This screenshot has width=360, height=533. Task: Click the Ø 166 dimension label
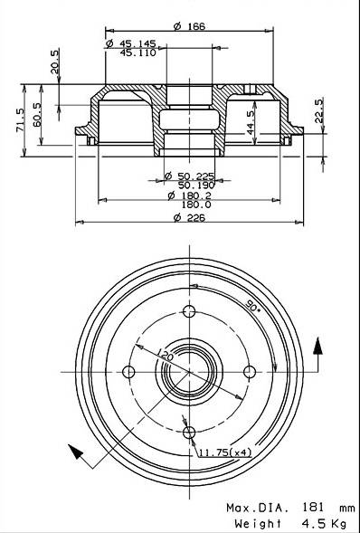[190, 26]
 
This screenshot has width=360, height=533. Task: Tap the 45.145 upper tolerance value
[137, 43]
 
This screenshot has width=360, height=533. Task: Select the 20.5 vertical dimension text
[55, 62]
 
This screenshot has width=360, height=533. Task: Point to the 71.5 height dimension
[21, 120]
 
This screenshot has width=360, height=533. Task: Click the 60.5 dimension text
[37, 115]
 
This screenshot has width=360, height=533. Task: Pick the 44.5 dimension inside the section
[251, 123]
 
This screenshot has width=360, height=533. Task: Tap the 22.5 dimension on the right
[318, 110]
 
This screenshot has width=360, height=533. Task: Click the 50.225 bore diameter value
[196, 176]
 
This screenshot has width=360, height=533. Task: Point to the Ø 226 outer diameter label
[190, 217]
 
